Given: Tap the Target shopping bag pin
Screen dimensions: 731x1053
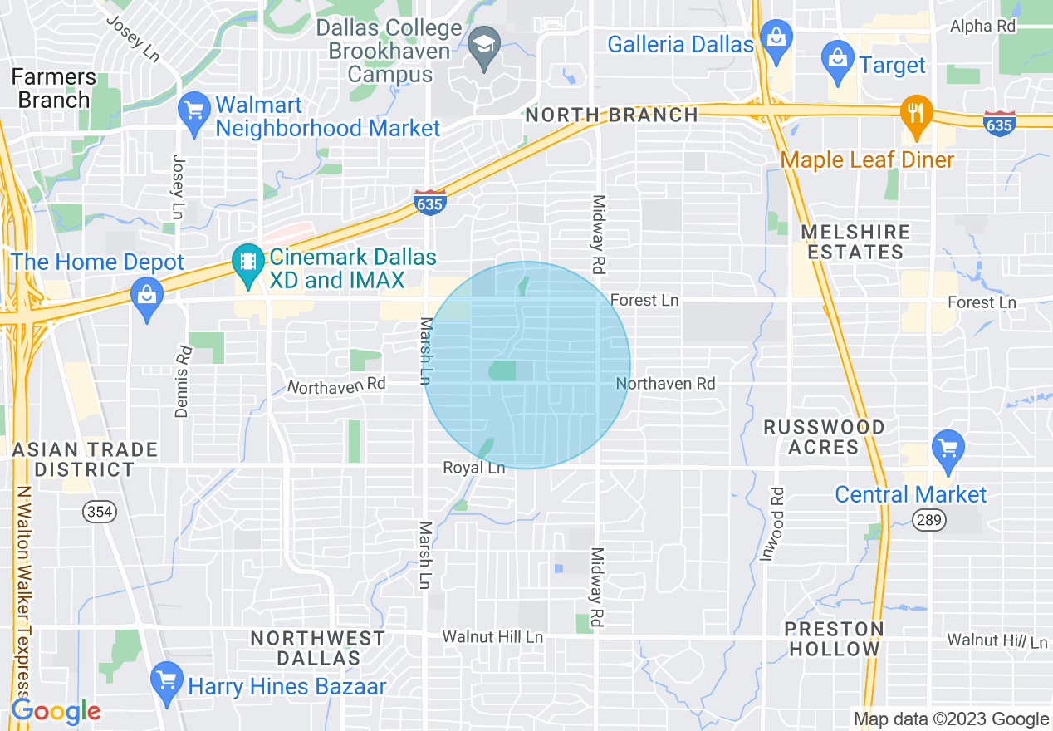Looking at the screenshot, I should pos(838,60).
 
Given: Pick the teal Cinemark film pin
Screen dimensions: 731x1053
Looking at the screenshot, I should pos(247,262).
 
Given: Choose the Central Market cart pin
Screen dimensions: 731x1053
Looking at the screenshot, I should pos(948,449).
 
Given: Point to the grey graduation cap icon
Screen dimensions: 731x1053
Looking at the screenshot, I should pos(482,46).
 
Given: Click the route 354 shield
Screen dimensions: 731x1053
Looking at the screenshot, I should pos(99,512).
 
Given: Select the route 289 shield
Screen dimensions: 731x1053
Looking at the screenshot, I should pos(925,520).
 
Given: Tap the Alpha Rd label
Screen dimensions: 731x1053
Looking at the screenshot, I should pos(983,26).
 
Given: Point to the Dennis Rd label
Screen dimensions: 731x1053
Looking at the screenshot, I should pos(184,380).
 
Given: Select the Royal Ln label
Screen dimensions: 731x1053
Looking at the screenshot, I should pos(473,468).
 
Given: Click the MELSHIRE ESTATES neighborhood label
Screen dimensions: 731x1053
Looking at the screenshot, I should pos(855,242).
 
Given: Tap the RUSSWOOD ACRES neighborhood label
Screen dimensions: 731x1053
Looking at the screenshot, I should pos(824,437).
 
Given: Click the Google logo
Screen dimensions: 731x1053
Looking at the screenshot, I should pos(56,711).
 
